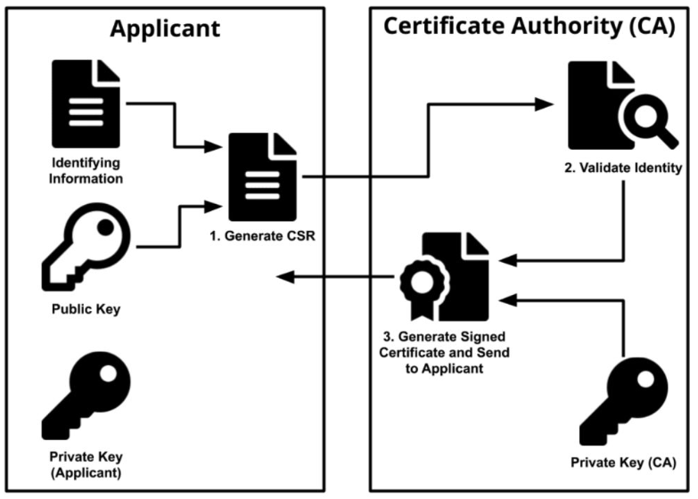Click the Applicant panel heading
165,28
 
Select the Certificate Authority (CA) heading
528,27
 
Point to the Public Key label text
85,310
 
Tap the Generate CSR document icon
263,176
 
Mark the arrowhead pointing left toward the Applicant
283,278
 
